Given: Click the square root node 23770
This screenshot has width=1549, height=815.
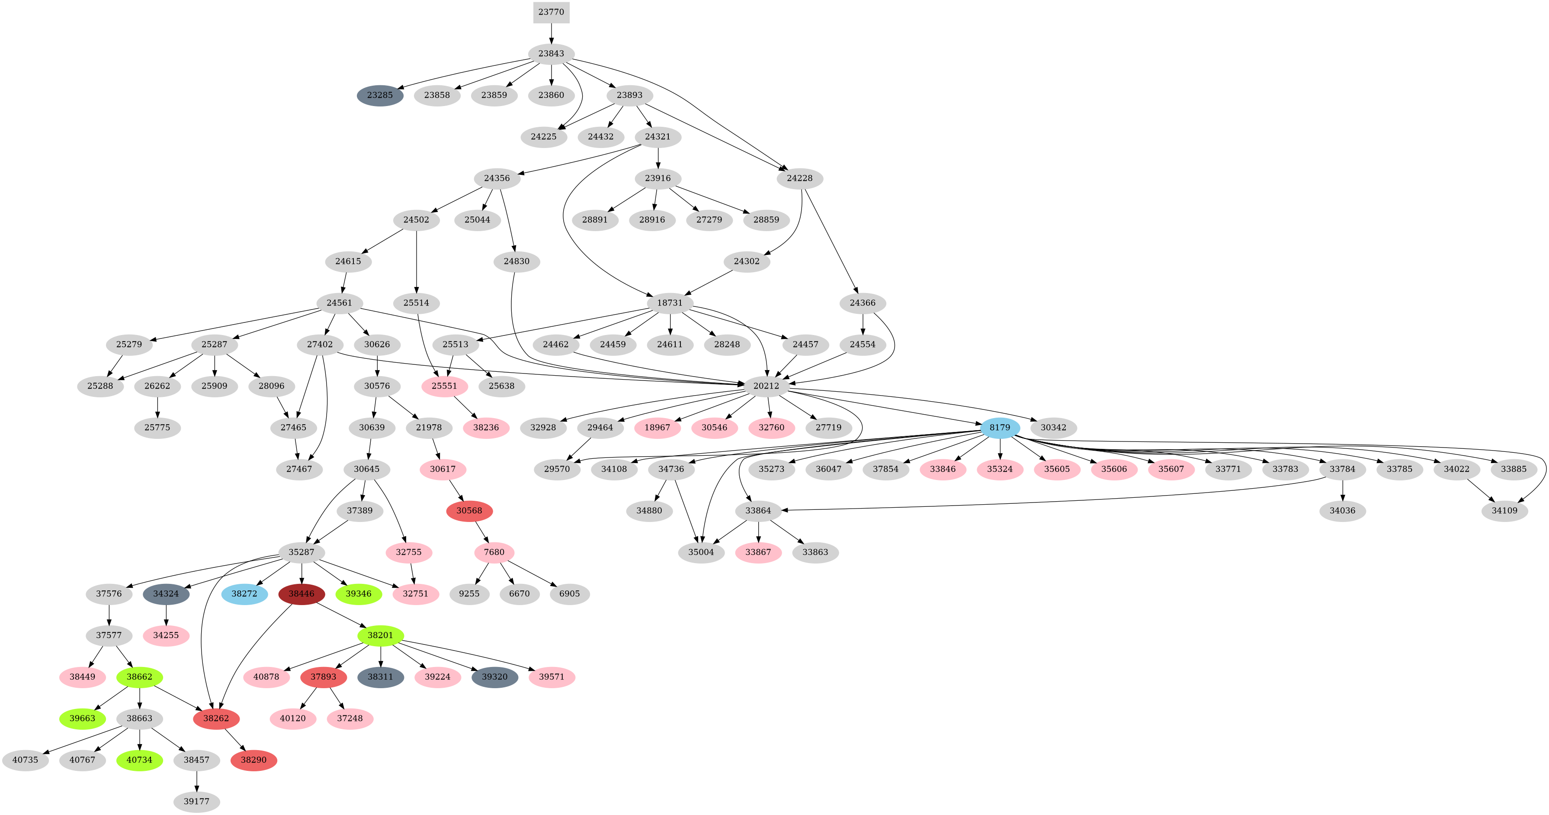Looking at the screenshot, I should click(x=551, y=12).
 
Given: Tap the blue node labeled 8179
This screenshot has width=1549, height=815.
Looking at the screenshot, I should click(x=999, y=428).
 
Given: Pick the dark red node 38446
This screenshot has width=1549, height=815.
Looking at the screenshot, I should click(x=301, y=594).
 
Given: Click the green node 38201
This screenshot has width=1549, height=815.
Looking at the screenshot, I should click(x=380, y=635).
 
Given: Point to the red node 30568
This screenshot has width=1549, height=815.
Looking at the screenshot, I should click(x=469, y=511).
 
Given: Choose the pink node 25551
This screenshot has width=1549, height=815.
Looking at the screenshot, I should click(x=444, y=386).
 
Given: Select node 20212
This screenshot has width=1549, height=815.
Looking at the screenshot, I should click(x=766, y=386).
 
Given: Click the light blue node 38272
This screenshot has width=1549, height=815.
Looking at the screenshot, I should click(x=244, y=594).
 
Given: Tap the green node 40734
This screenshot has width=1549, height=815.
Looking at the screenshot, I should click(x=140, y=760).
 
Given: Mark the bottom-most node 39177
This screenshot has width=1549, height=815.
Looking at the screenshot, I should click(x=197, y=802).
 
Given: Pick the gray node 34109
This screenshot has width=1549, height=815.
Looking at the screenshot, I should click(x=1504, y=511).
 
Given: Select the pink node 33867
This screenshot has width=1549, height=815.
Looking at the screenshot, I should click(x=758, y=552).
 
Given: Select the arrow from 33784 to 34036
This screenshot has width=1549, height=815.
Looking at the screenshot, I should click(x=1343, y=490).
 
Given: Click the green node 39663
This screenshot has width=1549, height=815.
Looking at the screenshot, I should click(x=82, y=719).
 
